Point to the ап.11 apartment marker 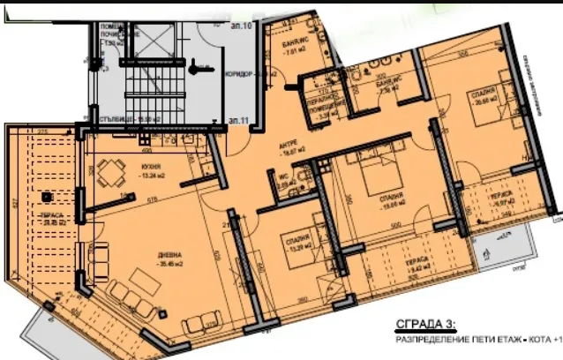coord(236,117)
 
